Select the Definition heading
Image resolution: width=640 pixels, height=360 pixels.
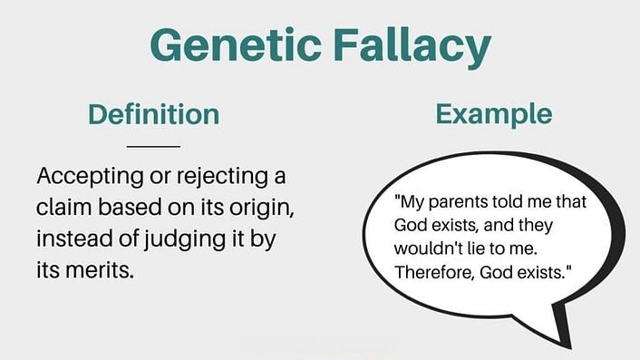point(153,115)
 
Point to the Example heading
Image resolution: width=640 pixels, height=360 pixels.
point(493,114)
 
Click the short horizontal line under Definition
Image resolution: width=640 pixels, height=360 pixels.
point(153,146)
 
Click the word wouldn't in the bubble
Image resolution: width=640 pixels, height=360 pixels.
point(423,248)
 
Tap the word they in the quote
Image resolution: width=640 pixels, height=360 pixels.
point(562,224)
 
